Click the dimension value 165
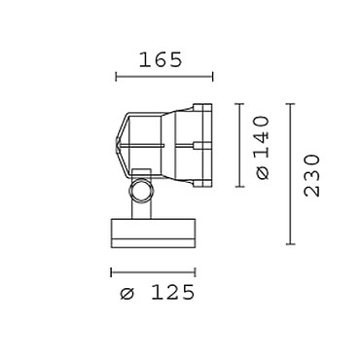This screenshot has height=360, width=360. [x=161, y=60]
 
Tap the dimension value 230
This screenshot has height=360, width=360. [x=312, y=175]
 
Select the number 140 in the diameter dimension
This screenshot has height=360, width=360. [x=262, y=136]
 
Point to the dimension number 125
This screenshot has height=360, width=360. [x=173, y=293]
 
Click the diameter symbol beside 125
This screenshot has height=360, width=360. [x=126, y=294]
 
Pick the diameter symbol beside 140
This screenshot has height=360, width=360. [x=263, y=172]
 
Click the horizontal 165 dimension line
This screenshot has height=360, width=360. [x=164, y=77]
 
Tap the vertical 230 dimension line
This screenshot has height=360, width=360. [x=290, y=174]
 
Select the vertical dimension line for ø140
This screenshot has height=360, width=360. [x=239, y=145]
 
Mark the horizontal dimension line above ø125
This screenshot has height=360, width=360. [x=153, y=272]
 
